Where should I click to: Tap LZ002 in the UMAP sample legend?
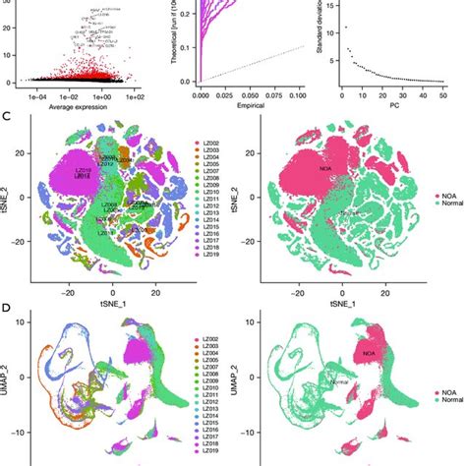(x=206, y=340)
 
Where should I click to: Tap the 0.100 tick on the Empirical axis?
(x=296, y=95)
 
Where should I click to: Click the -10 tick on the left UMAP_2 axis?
(x=22, y=432)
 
